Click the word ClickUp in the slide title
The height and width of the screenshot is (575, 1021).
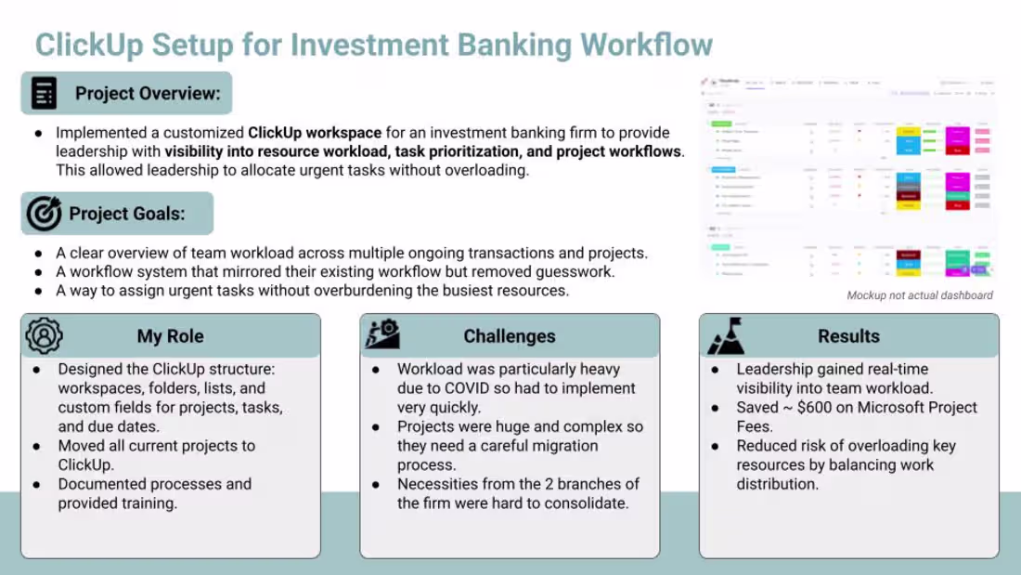88,44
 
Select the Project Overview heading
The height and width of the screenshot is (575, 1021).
148,93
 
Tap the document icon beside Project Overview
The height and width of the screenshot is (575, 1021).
44,93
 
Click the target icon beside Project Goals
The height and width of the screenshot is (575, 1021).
44,214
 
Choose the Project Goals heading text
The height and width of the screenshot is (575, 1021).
127,214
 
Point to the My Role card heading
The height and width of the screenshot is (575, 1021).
170,336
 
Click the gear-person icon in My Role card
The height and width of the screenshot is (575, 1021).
44,336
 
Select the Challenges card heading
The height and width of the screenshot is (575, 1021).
510,336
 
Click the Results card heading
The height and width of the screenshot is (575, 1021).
848,336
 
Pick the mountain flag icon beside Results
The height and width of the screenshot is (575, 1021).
725,337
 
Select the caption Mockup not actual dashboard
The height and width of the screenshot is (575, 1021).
919,295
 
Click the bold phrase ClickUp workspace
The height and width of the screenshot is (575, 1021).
314,133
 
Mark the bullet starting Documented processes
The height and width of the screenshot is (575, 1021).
154,484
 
